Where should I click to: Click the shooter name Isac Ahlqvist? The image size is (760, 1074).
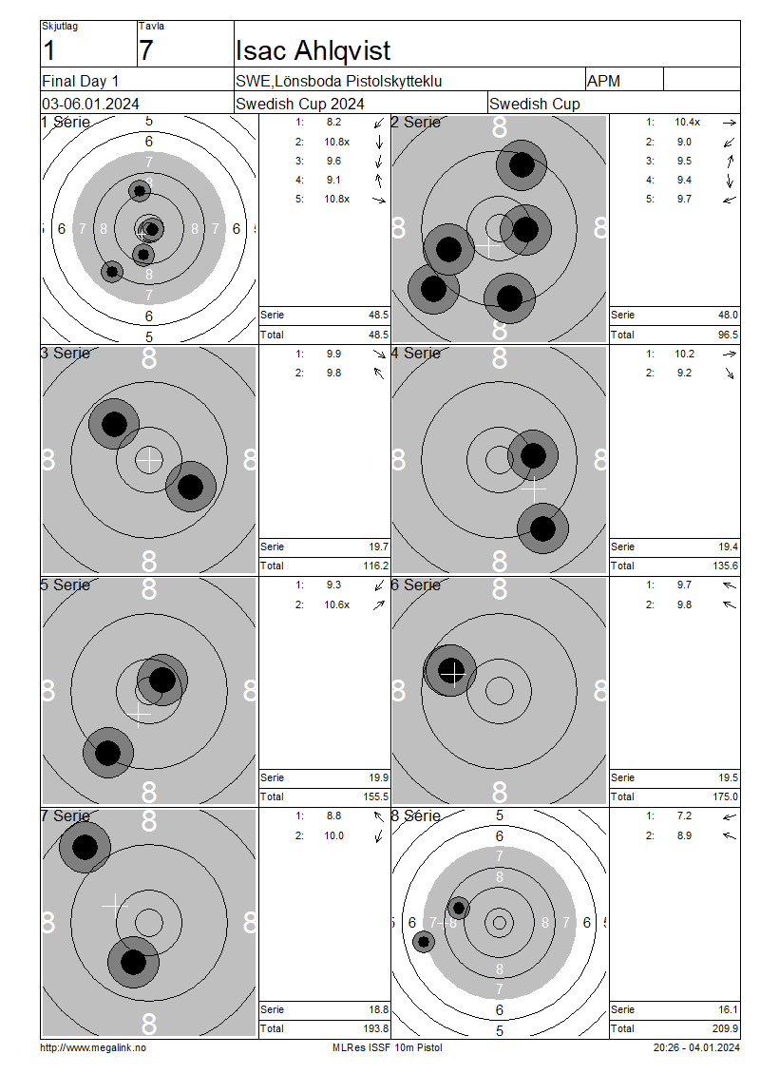(313, 50)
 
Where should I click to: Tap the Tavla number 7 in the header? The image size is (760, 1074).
(146, 50)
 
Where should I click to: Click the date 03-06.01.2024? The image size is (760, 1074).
(90, 105)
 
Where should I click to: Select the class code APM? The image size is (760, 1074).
(603, 81)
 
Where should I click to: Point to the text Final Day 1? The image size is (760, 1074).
(80, 81)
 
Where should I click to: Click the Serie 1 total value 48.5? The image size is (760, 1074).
(378, 316)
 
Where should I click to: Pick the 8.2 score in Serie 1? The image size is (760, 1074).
(333, 122)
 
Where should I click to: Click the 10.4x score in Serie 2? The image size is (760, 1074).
(687, 122)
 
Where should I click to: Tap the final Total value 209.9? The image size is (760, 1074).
(725, 1028)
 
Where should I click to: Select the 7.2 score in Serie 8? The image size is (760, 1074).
(684, 815)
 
